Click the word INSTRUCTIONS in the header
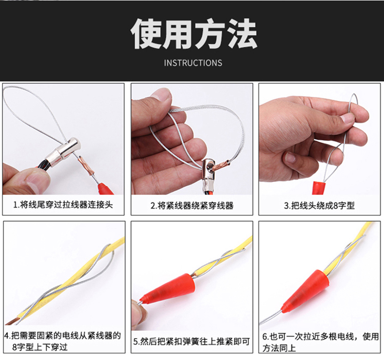[x=193, y=63]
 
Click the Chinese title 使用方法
[x=194, y=34]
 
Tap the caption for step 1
[x=63, y=205]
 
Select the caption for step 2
[x=192, y=206]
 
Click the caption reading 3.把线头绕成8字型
[x=319, y=206]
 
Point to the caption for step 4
[x=62, y=341]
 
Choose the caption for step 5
[x=192, y=342]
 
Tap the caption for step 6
[x=320, y=342]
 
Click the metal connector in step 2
[x=208, y=173]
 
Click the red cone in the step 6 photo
[x=306, y=291]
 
